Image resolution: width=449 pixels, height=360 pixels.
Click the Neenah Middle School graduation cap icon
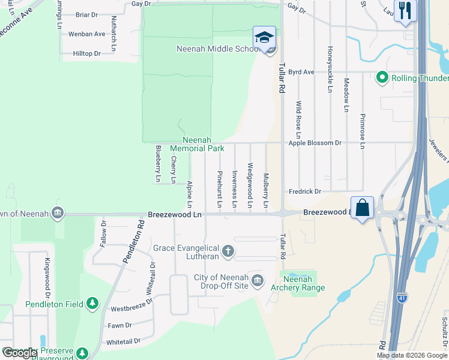(264, 37)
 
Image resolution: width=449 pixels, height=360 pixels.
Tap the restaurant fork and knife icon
(405, 10)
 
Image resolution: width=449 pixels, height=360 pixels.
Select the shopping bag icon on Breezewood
(363, 208)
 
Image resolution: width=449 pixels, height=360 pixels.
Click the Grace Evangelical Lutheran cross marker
(228, 251)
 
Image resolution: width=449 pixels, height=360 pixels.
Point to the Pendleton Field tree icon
(92, 304)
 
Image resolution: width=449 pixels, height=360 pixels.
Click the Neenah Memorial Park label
(197, 143)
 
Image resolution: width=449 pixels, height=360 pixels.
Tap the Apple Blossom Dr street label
(315, 143)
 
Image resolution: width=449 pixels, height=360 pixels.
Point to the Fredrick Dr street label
(305, 191)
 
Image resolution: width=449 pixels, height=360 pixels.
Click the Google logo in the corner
(19, 353)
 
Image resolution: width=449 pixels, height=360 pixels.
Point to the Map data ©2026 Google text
(411, 355)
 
